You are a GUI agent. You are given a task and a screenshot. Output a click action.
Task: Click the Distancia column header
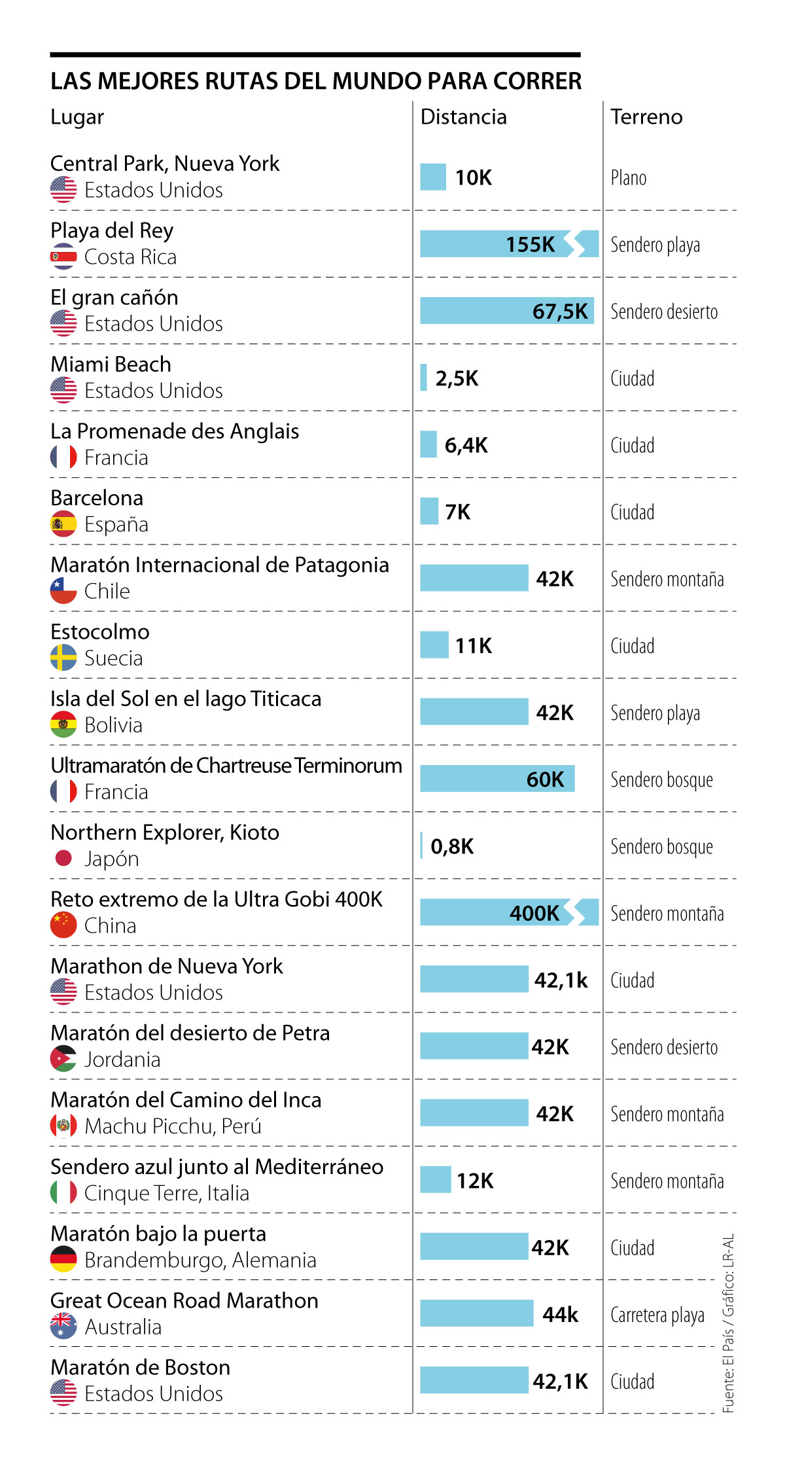pyautogui.click(x=463, y=117)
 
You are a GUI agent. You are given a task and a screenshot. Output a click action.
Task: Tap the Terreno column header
pyautogui.click(x=646, y=117)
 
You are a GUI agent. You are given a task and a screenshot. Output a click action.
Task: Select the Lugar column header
pyautogui.click(x=77, y=118)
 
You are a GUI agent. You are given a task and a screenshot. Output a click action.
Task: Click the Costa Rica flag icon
pyautogui.click(x=63, y=257)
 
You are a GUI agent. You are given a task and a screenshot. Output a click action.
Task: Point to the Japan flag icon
pyautogui.click(x=63, y=858)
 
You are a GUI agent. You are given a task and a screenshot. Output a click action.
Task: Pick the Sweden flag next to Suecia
pyautogui.click(x=63, y=658)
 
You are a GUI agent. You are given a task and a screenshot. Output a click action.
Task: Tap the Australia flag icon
pyautogui.click(x=63, y=1327)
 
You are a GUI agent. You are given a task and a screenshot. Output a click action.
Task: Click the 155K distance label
pyautogui.click(x=530, y=244)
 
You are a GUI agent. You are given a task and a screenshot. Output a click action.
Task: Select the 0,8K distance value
pyautogui.click(x=452, y=846)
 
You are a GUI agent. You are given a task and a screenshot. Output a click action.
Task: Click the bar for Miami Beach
pyautogui.click(x=424, y=378)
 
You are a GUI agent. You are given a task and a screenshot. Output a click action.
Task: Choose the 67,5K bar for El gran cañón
pyautogui.click(x=506, y=311)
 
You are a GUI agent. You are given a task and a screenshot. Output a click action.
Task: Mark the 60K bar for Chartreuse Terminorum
pyautogui.click(x=497, y=779)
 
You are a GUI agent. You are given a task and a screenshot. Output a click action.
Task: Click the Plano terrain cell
pyautogui.click(x=629, y=178)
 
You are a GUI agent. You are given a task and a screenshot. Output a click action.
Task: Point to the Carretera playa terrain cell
pyautogui.click(x=657, y=1315)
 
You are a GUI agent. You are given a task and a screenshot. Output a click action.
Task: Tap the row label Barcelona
pyautogui.click(x=97, y=498)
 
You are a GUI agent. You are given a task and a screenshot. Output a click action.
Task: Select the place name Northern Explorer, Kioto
pyautogui.click(x=165, y=832)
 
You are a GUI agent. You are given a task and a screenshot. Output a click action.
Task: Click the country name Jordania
pyautogui.click(x=122, y=1060)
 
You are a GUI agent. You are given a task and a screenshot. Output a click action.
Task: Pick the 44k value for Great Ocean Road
pyautogui.click(x=561, y=1315)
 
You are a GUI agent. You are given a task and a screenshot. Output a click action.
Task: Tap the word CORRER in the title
pyautogui.click(x=537, y=81)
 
